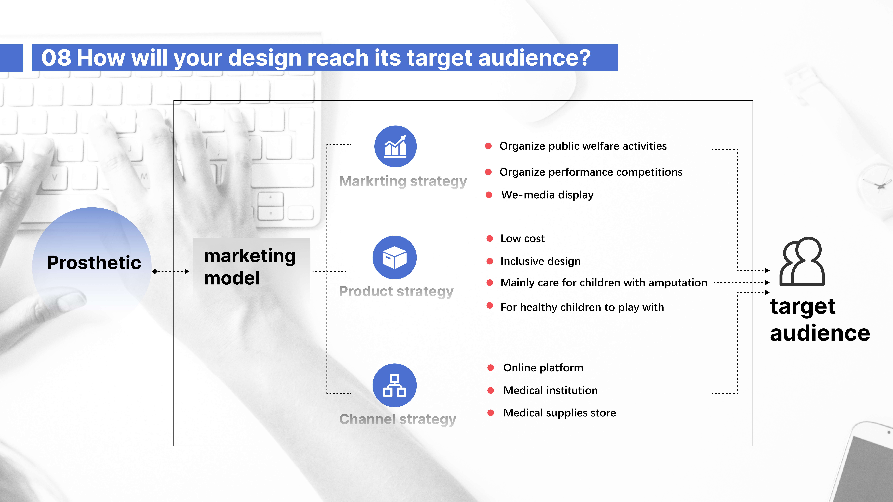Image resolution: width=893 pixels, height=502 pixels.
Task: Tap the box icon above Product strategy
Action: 395,257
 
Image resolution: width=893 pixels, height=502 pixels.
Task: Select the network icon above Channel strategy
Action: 395,385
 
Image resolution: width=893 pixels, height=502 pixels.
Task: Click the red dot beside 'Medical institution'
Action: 491,390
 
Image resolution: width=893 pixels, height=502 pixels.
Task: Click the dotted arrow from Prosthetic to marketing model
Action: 171,271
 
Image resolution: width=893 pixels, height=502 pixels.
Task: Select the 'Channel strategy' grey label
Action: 398,419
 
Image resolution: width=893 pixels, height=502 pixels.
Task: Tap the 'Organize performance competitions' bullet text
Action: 591,172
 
